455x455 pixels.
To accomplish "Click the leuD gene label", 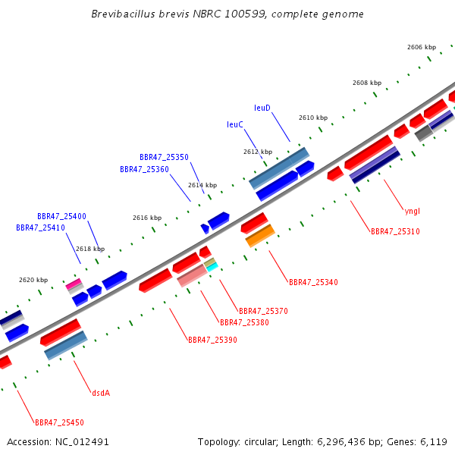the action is [x=262, y=108].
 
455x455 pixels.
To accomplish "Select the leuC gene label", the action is [x=235, y=124].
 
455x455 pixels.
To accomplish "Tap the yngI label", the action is [x=413, y=212].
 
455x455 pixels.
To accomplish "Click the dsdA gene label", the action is [x=101, y=393].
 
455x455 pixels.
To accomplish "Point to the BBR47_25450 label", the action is [x=59, y=422].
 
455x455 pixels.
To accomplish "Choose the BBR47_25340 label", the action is [x=313, y=282].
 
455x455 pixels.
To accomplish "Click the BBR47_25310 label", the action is [x=395, y=231].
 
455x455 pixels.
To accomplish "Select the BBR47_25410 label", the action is [x=40, y=227].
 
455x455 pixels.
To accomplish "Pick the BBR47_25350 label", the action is [x=164, y=157].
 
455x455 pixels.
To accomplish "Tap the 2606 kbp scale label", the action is [x=422, y=47].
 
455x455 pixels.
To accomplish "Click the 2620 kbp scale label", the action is [x=33, y=280].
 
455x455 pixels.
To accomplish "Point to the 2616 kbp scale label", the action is [x=147, y=218].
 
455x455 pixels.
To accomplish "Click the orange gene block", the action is [x=260, y=236].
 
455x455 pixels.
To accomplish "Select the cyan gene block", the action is [x=212, y=267].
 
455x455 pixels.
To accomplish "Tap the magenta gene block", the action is [x=74, y=284].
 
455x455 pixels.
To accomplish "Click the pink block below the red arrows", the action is [x=193, y=275].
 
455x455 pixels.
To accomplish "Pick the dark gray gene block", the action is [x=424, y=133].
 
